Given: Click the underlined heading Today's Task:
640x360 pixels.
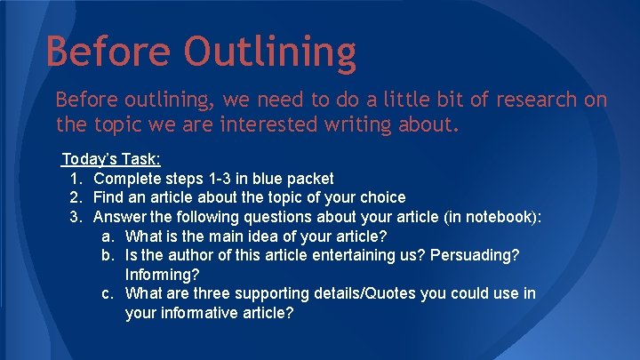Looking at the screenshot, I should point(111,159).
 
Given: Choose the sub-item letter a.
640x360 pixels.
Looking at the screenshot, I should point(107,236).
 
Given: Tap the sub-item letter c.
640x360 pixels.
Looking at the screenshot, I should point(107,293).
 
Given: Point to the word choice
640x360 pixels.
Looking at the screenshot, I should point(380,197).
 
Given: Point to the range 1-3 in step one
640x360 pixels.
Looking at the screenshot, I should point(205,179).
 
